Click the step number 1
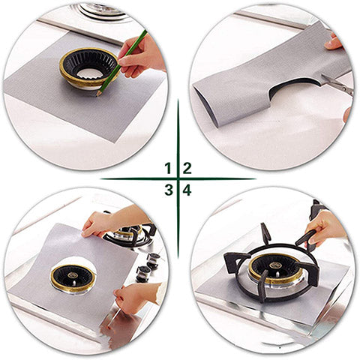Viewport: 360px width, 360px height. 168,168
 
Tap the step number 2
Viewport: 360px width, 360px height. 187,168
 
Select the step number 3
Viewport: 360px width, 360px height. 169,190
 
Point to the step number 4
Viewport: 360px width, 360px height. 187,190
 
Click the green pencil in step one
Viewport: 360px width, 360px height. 121,63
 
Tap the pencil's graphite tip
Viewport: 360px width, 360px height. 97,95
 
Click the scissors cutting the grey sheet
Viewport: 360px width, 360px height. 337,85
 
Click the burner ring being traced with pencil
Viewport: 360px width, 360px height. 89,67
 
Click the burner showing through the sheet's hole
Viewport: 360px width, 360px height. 73,278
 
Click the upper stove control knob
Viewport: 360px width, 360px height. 153,259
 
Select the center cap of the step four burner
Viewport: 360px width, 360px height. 276,265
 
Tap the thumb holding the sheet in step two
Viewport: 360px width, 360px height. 332,44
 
